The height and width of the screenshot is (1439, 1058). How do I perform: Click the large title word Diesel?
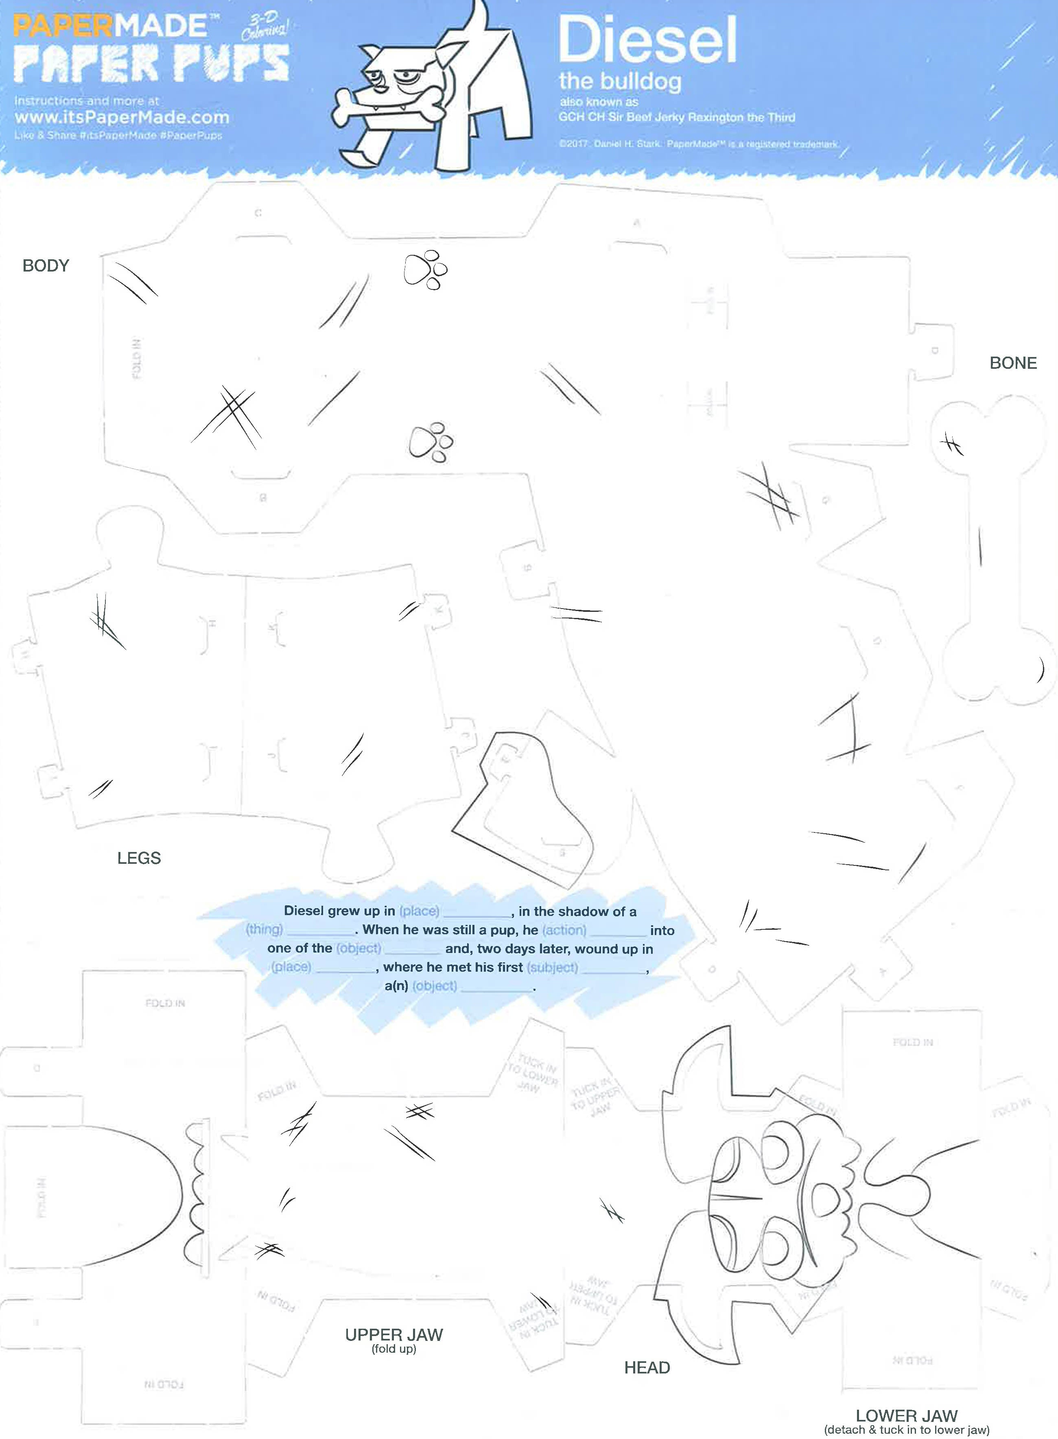647,40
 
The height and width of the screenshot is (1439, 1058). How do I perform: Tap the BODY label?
46,265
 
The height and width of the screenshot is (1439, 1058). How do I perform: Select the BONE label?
1012,363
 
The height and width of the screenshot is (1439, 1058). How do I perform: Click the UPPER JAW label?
394,1334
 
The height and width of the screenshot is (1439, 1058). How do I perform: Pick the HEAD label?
647,1367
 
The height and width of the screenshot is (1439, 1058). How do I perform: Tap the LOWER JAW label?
906,1415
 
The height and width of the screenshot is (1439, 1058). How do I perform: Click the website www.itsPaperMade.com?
122,117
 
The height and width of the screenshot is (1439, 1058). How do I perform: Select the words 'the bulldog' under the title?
620,81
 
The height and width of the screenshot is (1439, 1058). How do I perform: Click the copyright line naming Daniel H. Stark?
698,144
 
